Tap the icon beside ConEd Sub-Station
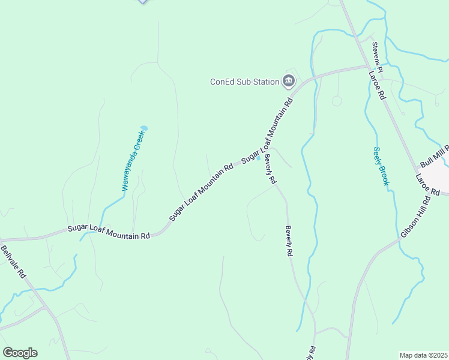point(289,81)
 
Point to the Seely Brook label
point(381,166)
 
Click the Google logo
point(20,353)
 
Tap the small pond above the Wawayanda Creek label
point(143,128)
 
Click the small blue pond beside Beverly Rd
point(259,158)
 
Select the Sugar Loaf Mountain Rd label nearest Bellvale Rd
point(108,232)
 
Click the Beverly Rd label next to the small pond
point(270,169)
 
